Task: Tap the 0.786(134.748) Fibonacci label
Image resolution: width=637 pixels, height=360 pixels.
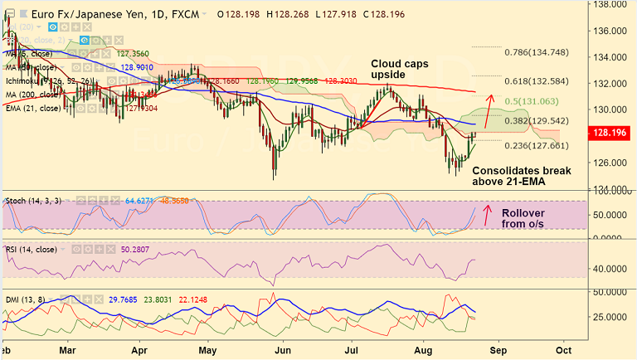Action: (537, 51)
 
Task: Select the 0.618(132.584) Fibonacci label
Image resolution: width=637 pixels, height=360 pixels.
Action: (537, 81)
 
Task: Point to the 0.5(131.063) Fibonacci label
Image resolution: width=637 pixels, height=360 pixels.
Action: (530, 100)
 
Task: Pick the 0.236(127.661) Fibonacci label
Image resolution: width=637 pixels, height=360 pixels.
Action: (537, 145)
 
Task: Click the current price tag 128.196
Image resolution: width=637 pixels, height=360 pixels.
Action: (610, 131)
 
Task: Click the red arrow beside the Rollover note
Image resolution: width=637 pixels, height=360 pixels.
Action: (488, 216)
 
